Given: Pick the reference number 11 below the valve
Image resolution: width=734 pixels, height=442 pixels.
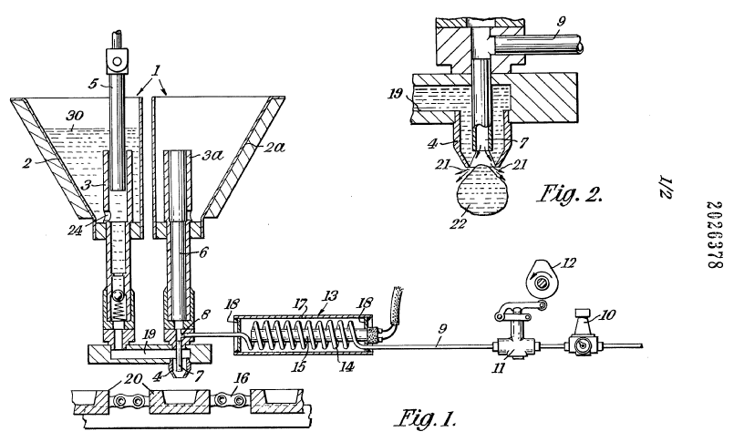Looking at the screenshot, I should (524, 371).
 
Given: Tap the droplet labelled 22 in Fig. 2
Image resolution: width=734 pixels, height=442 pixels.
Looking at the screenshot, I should (478, 199).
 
